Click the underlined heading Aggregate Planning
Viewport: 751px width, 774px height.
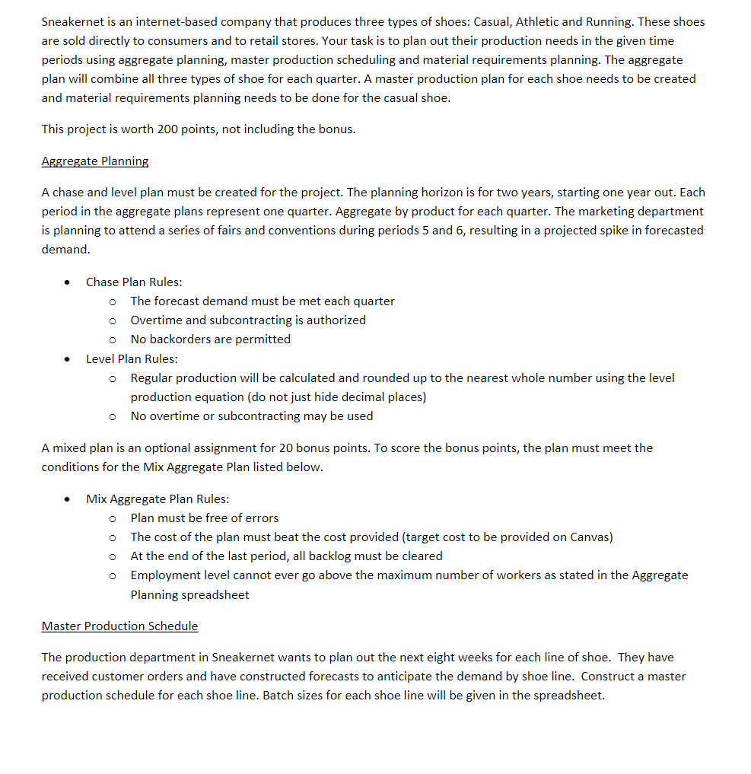(95, 161)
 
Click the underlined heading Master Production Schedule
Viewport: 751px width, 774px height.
(119, 626)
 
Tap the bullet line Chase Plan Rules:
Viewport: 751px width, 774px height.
(134, 282)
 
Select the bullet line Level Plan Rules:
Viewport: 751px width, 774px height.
(132, 358)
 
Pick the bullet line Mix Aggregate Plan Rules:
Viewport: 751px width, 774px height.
(158, 498)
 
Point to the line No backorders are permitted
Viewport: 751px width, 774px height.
(210, 339)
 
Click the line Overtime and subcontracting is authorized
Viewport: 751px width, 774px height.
(248, 320)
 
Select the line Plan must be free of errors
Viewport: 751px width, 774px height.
(205, 518)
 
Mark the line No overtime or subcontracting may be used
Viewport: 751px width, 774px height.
(252, 416)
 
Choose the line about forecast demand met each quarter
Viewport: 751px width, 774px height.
(263, 301)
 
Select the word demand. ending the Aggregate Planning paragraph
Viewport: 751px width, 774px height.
(65, 249)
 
